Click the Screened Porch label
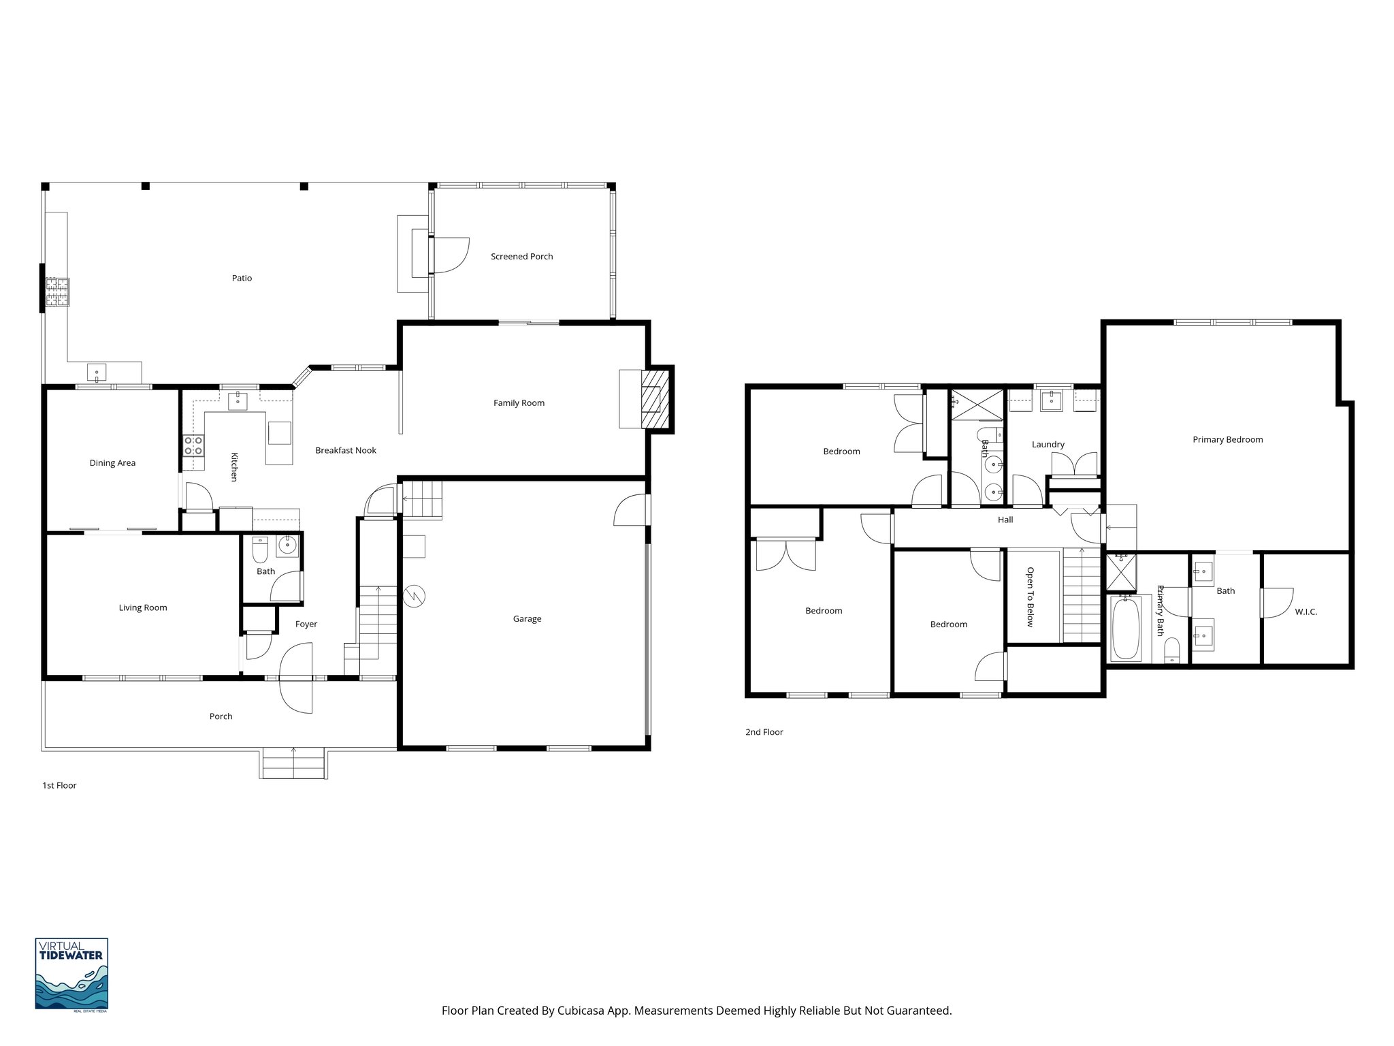click(x=521, y=257)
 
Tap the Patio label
click(x=242, y=278)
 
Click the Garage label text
click(x=527, y=619)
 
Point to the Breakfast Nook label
click(x=345, y=450)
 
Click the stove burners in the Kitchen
click(x=193, y=446)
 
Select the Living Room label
click(x=142, y=608)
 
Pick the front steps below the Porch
click(x=293, y=763)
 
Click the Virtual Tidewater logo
click(x=71, y=974)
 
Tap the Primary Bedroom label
click(x=1227, y=440)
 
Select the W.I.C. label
click(x=1306, y=612)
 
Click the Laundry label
click(x=1048, y=445)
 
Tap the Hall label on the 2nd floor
click(x=1005, y=520)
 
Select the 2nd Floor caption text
click(x=764, y=732)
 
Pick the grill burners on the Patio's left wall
click(x=57, y=292)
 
